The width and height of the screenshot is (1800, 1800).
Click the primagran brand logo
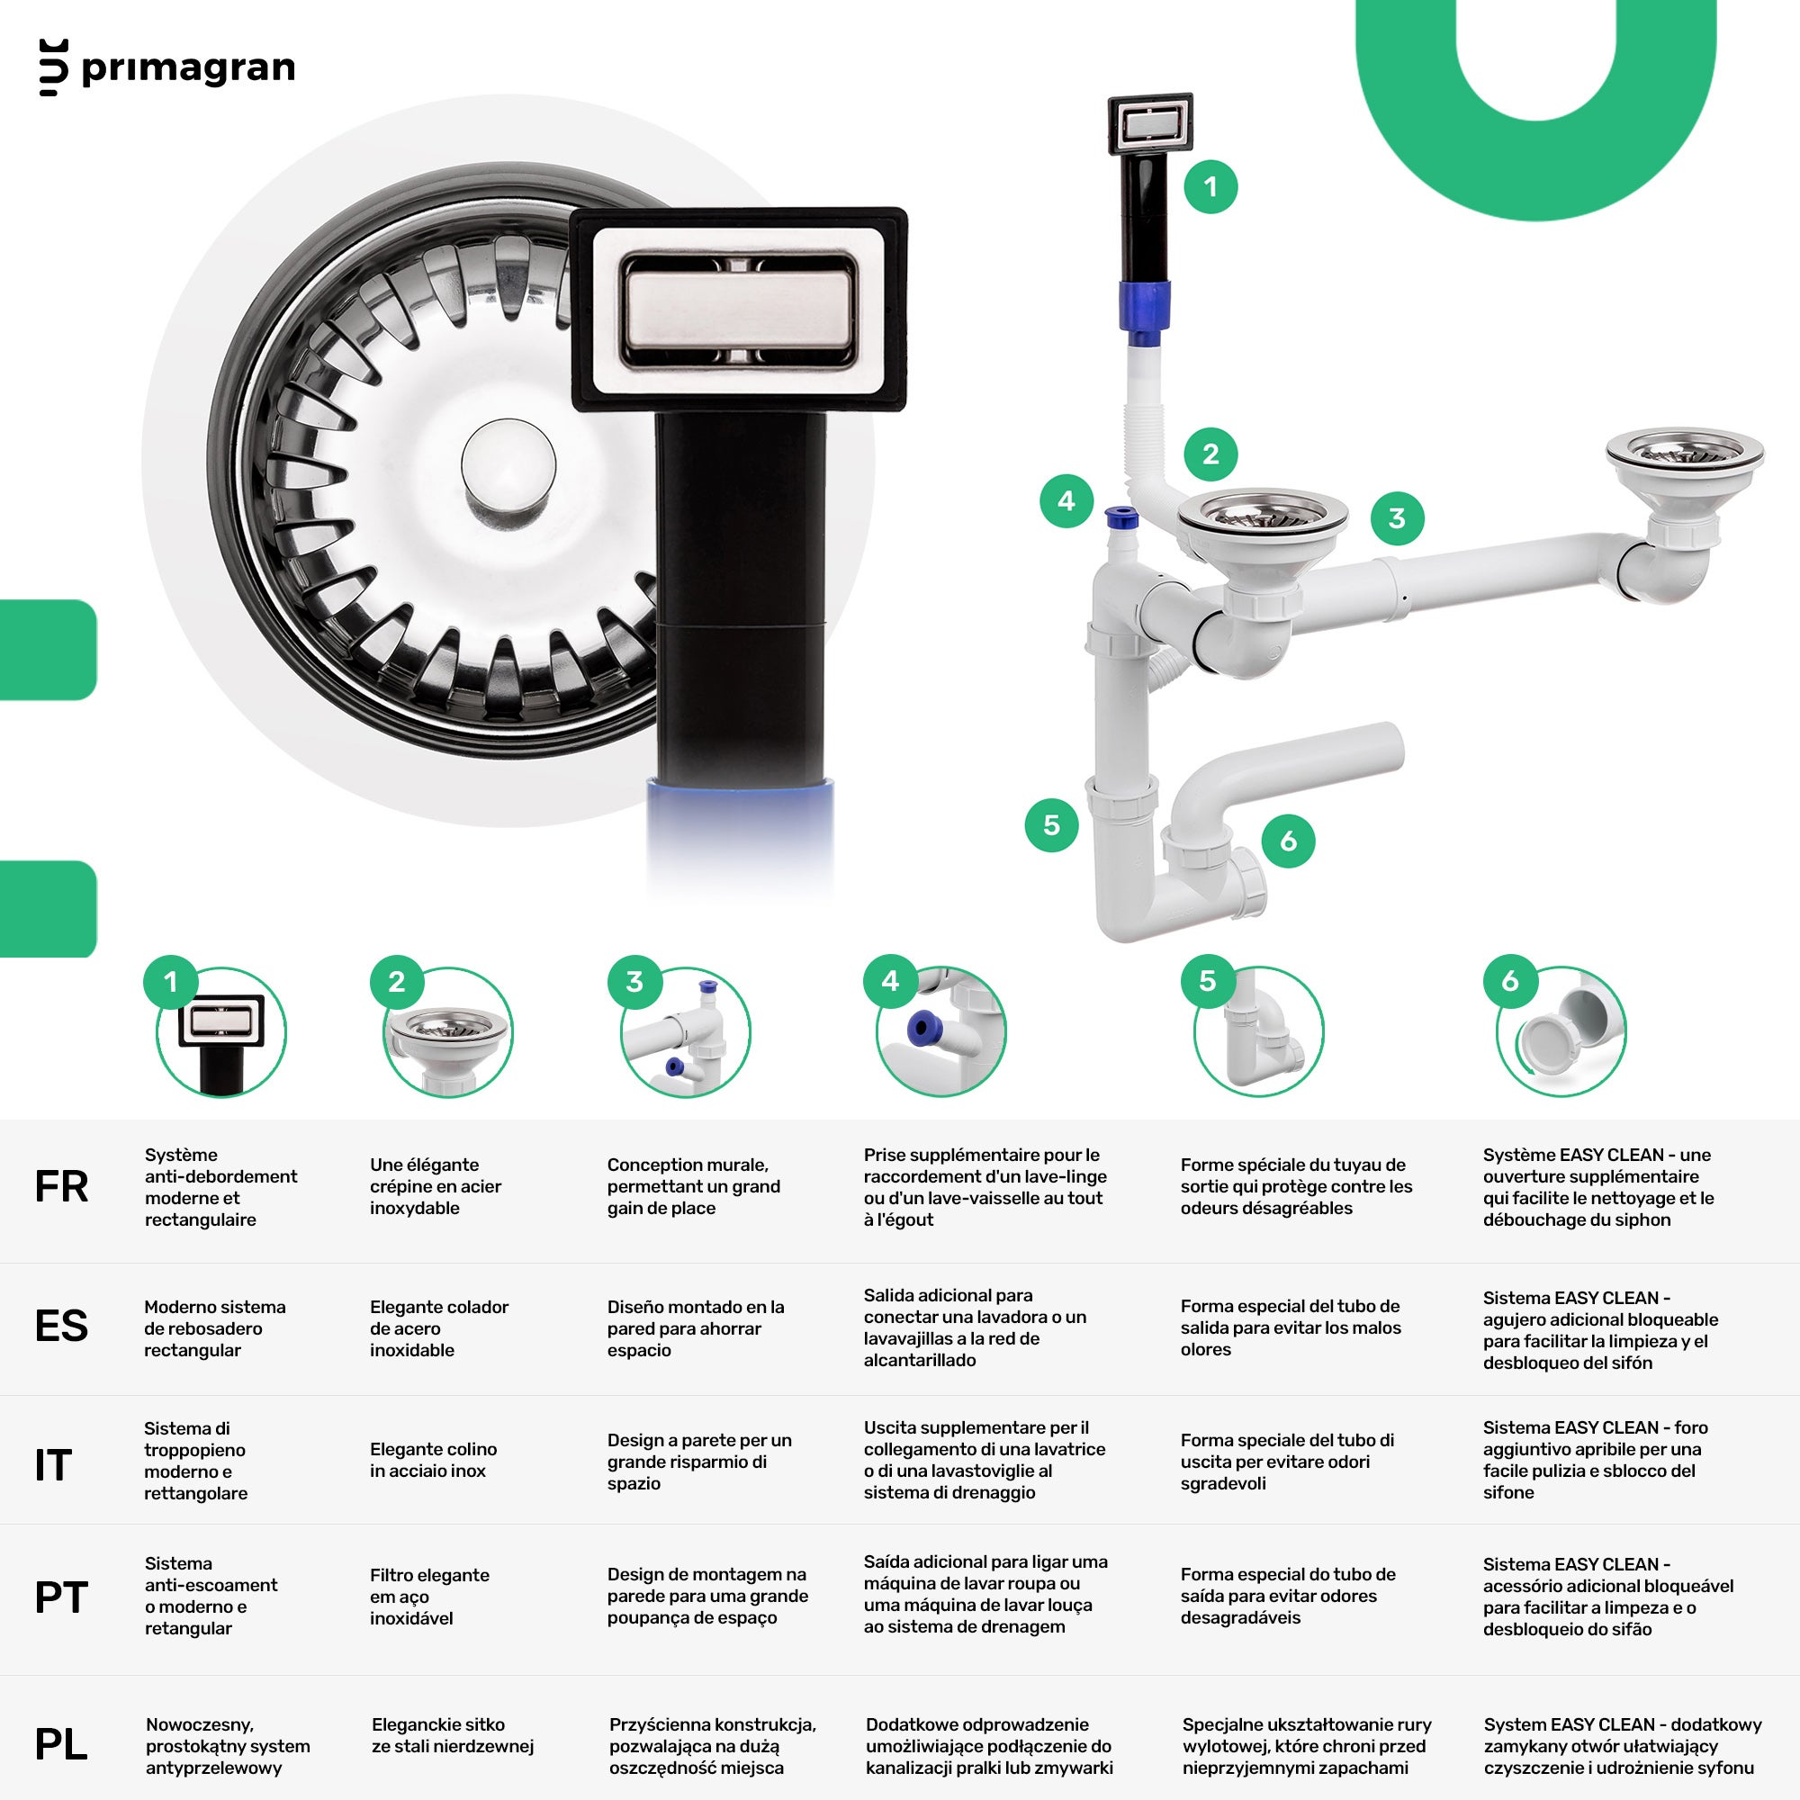[x=167, y=68]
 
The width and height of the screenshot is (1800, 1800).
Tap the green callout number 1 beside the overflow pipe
[x=1210, y=186]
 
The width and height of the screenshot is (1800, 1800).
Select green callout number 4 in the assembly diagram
[x=1066, y=501]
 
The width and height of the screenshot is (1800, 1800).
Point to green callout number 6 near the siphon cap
[x=1289, y=841]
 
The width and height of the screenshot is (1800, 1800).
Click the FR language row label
[x=61, y=1187]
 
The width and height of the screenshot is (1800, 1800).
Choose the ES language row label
[x=61, y=1326]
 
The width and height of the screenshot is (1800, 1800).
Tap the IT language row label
[x=53, y=1465]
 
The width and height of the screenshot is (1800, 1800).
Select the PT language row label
[x=61, y=1597]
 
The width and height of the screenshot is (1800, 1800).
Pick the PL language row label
[x=61, y=1745]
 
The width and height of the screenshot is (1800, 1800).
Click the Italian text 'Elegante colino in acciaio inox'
[x=433, y=1460]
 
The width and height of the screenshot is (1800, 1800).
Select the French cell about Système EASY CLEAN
[x=1598, y=1187]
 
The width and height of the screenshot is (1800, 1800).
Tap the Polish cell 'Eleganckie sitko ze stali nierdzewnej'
[x=453, y=1735]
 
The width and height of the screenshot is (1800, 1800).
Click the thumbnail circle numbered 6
[x=1561, y=1032]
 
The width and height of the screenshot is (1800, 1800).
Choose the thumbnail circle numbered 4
[x=941, y=1032]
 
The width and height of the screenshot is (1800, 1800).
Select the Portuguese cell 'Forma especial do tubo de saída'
[x=1288, y=1596]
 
